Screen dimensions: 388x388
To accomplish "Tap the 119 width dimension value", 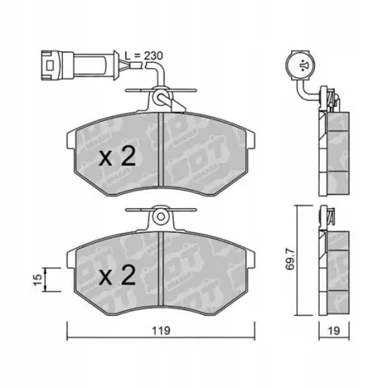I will point(161,330).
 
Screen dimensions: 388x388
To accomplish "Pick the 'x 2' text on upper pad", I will point(119,158).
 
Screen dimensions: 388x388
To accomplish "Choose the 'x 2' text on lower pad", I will point(119,275).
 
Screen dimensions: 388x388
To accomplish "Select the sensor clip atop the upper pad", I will point(161,99).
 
